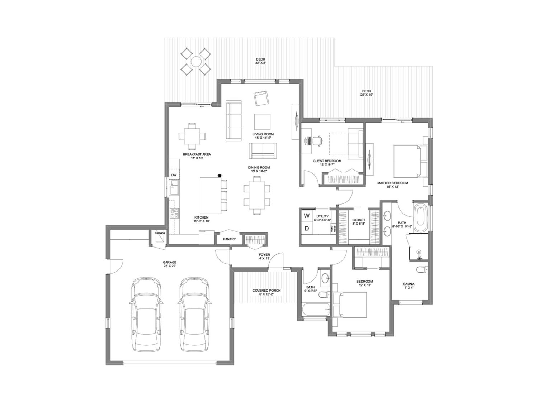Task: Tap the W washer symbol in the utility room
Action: pyautogui.click(x=307, y=216)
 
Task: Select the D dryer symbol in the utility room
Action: pyautogui.click(x=307, y=228)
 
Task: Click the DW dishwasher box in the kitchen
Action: pyautogui.click(x=174, y=175)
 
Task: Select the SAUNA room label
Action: pyautogui.click(x=409, y=286)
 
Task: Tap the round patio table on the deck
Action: pyautogui.click(x=196, y=62)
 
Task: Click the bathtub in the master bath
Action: pyautogui.click(x=420, y=218)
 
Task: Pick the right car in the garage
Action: pyautogui.click(x=194, y=314)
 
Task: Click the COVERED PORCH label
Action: pyautogui.click(x=266, y=292)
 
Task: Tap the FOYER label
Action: pyautogui.click(x=264, y=256)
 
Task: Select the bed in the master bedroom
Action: pyautogui.click(x=409, y=161)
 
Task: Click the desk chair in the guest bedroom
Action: pyautogui.click(x=317, y=140)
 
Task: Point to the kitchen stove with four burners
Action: pyautogui.click(x=174, y=214)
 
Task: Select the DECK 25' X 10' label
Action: pyautogui.click(x=366, y=93)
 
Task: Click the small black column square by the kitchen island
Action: pyautogui.click(x=220, y=175)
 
